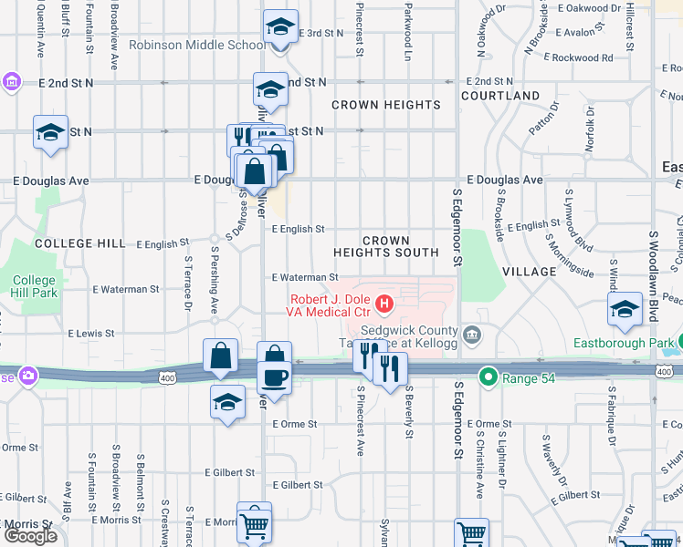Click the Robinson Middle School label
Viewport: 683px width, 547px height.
(197, 45)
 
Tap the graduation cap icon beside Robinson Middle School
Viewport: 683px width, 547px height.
(280, 26)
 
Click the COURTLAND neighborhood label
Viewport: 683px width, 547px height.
(500, 96)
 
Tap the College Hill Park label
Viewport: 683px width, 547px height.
(35, 286)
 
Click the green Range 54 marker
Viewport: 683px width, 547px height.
(489, 376)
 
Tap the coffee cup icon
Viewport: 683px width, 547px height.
(274, 376)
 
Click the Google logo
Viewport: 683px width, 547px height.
(29, 536)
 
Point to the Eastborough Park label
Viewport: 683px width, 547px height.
(624, 344)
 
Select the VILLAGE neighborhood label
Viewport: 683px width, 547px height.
(529, 272)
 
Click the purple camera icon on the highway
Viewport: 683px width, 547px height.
(29, 375)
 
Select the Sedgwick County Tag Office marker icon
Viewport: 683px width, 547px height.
(471, 333)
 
